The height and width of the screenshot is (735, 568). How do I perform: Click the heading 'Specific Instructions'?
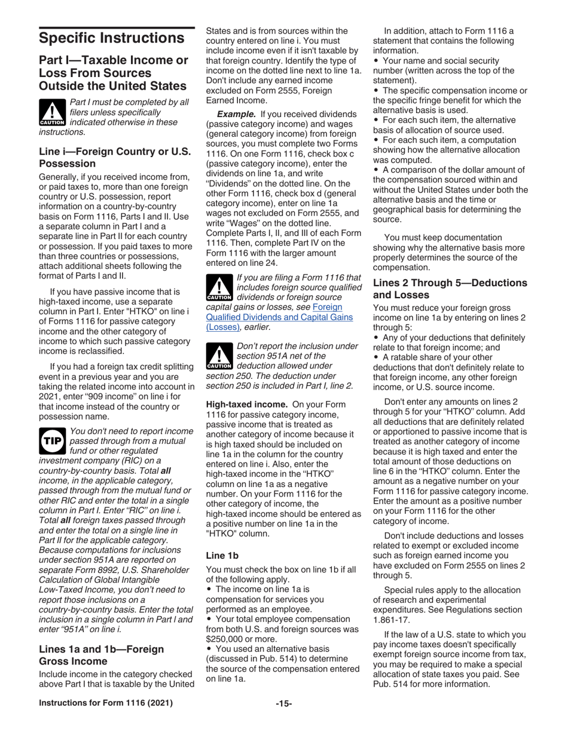tap(111, 39)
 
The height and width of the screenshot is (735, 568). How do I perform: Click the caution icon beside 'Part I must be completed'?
tap(53, 112)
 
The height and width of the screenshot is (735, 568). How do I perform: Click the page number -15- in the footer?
tap(283, 703)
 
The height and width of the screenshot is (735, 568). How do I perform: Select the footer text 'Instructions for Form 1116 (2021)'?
tap(106, 703)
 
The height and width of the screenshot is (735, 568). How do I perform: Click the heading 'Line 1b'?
tap(222, 555)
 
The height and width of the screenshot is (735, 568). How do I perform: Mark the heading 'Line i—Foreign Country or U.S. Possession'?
tap(114, 157)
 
